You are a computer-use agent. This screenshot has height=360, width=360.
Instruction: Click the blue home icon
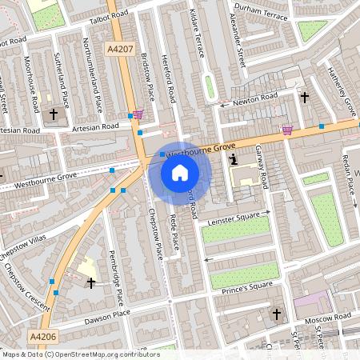click(180, 172)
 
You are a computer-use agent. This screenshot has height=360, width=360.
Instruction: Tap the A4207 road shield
click(120, 50)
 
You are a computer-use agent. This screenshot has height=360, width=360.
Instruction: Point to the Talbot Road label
click(109, 14)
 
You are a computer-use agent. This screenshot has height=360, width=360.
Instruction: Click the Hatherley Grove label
click(342, 87)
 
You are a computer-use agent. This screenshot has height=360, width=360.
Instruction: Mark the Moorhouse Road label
click(34, 89)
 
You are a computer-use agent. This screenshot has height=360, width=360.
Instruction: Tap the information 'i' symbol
click(233, 159)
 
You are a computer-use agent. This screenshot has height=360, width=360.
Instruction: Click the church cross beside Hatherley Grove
click(304, 98)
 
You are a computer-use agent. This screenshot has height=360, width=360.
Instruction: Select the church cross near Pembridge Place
click(90, 282)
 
